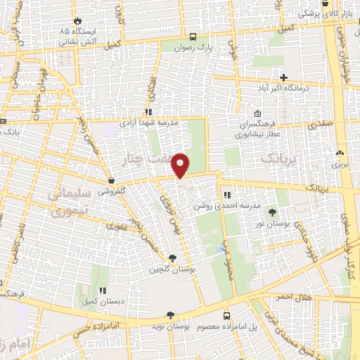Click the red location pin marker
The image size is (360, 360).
click(x=181, y=165)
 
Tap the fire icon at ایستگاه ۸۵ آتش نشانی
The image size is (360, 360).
click(x=77, y=21)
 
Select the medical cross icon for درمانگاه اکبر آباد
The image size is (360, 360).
click(x=284, y=77)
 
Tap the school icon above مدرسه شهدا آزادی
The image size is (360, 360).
click(x=148, y=112)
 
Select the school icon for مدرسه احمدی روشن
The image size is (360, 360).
click(x=226, y=195)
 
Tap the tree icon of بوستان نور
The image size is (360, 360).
click(x=272, y=212)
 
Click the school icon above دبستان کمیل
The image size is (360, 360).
click(x=103, y=290)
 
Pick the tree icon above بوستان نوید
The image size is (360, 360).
click(x=169, y=316)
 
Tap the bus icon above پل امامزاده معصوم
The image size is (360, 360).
click(x=226, y=316)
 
